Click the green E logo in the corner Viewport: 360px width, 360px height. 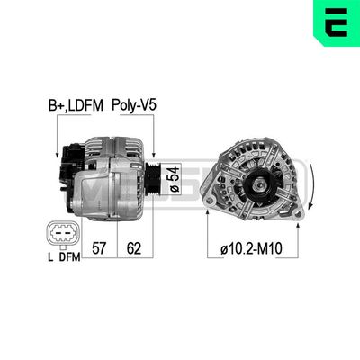pyautogui.click(x=336, y=24)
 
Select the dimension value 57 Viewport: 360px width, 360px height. pyautogui.click(x=99, y=245)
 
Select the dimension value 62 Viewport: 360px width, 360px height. pyautogui.click(x=132, y=245)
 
